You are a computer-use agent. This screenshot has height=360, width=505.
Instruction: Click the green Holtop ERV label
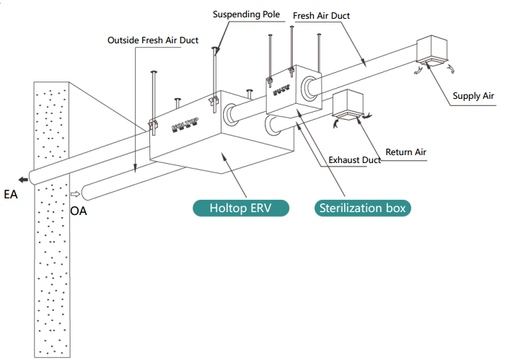point(240,208)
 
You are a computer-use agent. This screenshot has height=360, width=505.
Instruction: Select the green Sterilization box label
point(363,208)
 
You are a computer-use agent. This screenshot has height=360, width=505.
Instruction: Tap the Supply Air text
point(473,95)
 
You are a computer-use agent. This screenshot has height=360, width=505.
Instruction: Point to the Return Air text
point(405,152)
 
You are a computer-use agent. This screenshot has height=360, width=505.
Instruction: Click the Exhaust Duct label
point(354,159)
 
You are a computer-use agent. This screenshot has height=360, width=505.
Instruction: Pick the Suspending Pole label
point(245,14)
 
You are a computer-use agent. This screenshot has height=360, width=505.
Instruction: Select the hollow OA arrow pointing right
point(74,194)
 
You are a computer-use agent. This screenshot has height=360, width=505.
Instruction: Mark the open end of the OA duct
point(86,193)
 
